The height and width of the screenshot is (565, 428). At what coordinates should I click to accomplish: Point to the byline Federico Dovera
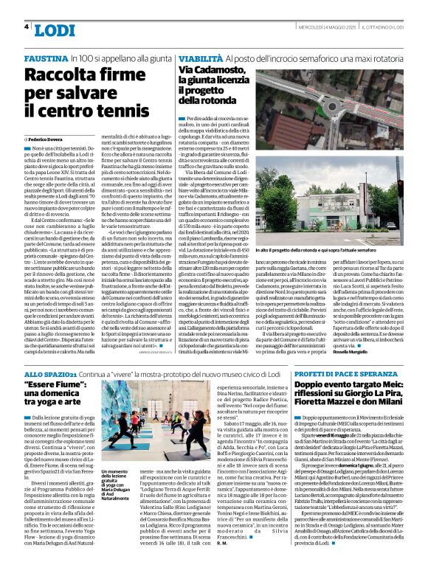pos(47,139)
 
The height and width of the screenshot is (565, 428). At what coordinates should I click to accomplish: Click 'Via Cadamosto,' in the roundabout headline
pos(213,69)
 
